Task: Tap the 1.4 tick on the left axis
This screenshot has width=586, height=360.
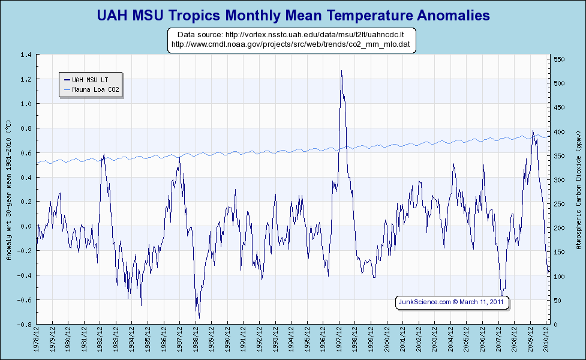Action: click(x=26, y=55)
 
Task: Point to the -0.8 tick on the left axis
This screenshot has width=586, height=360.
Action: click(x=25, y=325)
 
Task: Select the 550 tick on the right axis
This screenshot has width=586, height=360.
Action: click(x=558, y=59)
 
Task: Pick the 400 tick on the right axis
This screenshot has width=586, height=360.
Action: click(x=558, y=132)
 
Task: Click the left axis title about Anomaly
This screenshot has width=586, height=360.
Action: click(x=8, y=190)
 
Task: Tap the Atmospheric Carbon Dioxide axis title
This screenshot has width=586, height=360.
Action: click(x=578, y=190)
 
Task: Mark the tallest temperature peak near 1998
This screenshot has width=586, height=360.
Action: click(x=341, y=71)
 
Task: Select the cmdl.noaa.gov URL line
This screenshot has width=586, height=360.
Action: click(x=290, y=44)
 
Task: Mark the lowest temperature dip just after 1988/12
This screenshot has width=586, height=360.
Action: click(x=199, y=317)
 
